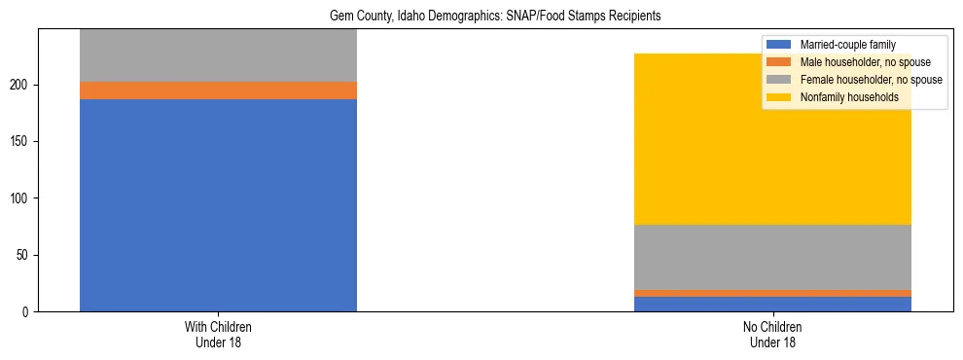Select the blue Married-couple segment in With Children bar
(218, 204)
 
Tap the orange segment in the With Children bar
(218, 90)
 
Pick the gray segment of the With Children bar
(218, 55)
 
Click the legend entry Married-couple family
(846, 45)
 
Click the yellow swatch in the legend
(779, 97)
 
